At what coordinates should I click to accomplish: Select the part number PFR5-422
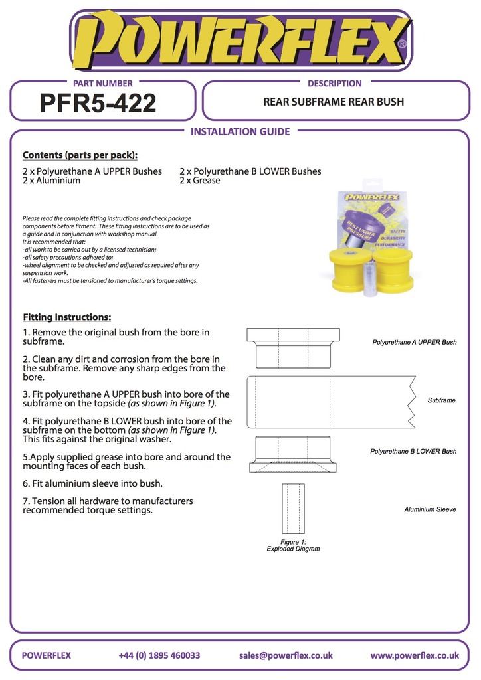(98, 103)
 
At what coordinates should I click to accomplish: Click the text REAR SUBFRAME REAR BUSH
(334, 102)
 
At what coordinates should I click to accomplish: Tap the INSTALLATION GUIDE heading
(240, 131)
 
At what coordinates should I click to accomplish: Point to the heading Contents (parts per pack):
(80, 155)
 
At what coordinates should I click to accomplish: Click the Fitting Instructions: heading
(67, 317)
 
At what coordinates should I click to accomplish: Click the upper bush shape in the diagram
(293, 347)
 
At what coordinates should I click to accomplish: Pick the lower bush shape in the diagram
(293, 455)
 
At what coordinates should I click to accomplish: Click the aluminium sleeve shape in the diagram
(293, 508)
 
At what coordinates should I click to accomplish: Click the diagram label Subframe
(441, 400)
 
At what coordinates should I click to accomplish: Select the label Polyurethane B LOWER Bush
(413, 451)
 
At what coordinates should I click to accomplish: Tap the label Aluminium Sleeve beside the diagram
(430, 509)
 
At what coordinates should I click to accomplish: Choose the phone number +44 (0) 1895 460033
(159, 655)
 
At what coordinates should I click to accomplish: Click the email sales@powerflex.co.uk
(286, 655)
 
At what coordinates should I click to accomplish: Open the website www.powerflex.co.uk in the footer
(415, 655)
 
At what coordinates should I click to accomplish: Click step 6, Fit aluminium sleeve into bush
(92, 483)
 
